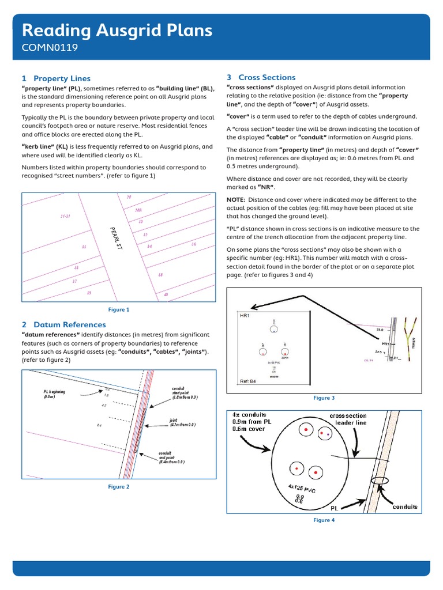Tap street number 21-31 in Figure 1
[65, 217]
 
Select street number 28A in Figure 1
[138, 210]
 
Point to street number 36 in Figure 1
[194, 244]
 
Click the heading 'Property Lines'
[62, 78]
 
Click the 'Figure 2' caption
[119, 487]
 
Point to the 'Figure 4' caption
[324, 520]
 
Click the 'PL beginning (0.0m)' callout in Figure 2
[54, 394]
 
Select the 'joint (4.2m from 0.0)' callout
[182, 422]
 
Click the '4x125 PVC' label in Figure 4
[302, 489]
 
